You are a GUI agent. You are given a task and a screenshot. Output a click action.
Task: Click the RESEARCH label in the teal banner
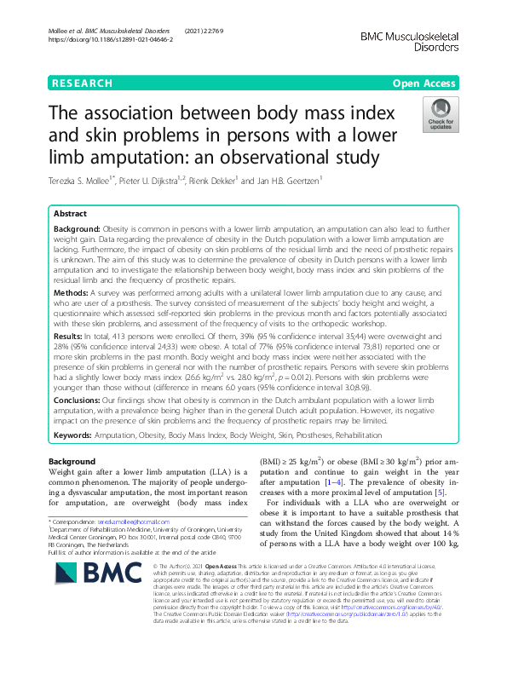click(82, 84)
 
